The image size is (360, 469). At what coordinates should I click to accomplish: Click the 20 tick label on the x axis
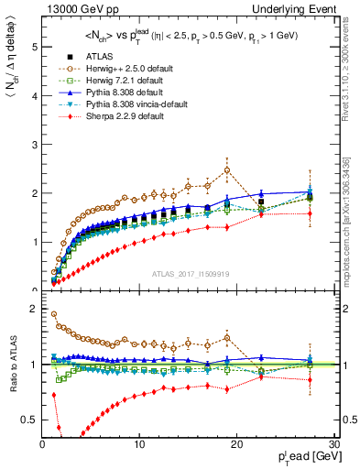[236, 444]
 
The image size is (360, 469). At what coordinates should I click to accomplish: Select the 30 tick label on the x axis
[333, 444]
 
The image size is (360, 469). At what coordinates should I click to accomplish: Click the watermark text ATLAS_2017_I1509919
[190, 272]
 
